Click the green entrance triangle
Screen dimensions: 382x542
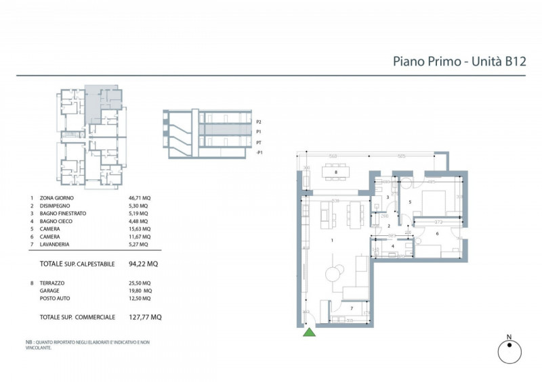(x=309, y=331)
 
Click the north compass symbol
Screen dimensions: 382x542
(x=508, y=350)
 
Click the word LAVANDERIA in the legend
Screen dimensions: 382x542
(x=56, y=245)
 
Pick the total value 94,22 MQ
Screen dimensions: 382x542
(x=146, y=264)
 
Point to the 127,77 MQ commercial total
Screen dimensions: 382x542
(x=145, y=316)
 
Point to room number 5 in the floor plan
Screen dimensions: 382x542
(x=409, y=201)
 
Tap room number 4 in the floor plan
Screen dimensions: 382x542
(x=392, y=247)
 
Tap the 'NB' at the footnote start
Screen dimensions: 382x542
(x=29, y=343)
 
